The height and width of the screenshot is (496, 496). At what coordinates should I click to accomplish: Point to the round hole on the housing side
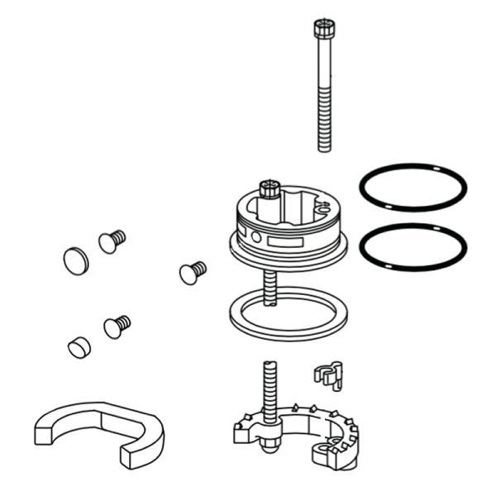(x=255, y=238)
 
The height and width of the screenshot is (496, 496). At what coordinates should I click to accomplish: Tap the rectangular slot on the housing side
(x=289, y=245)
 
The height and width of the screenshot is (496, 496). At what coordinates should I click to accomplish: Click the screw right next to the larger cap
(x=111, y=241)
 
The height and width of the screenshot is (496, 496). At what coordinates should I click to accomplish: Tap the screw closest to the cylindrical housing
(x=192, y=271)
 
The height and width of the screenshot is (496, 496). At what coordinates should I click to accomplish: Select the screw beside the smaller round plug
(x=117, y=326)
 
